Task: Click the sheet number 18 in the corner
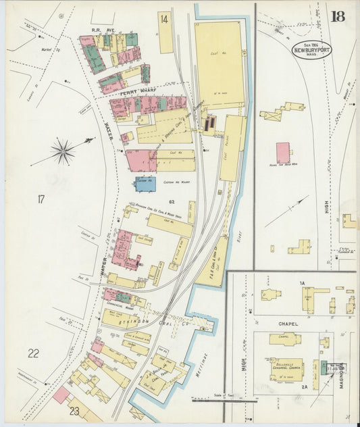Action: click(x=338, y=16)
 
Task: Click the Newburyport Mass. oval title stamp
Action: click(x=311, y=49)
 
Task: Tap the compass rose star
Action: click(x=63, y=151)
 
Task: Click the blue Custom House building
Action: click(x=145, y=183)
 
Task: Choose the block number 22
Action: click(x=33, y=353)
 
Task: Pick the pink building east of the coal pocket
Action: click(x=283, y=153)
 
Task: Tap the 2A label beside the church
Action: click(x=304, y=386)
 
